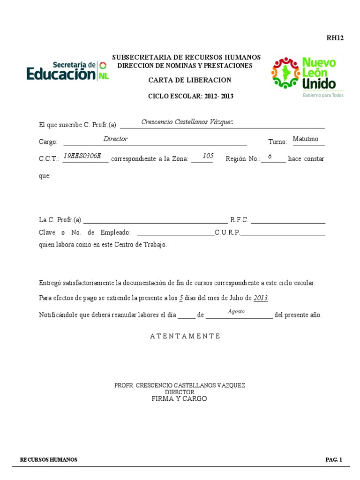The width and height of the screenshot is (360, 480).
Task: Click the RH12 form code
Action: point(335,38)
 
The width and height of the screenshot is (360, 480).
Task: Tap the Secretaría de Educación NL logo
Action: point(67,71)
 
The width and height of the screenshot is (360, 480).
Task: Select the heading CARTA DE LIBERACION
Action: point(190,80)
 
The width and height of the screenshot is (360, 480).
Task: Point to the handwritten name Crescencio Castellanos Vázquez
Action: point(187,122)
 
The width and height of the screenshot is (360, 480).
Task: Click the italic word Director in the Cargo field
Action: point(115,139)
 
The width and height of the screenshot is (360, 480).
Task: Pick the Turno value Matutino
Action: point(305,139)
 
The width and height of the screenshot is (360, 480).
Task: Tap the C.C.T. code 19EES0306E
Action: point(82,156)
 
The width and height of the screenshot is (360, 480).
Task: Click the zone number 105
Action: point(208,156)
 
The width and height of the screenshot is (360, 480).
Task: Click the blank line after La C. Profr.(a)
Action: point(155,220)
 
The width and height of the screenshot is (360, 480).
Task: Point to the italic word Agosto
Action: point(236,312)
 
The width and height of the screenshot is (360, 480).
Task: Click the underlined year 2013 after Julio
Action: point(261,298)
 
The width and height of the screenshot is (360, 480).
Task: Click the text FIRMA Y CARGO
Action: point(179,399)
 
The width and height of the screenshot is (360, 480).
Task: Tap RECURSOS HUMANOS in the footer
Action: point(49,460)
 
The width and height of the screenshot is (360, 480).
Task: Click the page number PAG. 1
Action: point(334,460)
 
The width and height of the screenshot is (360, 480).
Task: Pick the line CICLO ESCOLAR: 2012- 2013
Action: point(190,97)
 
